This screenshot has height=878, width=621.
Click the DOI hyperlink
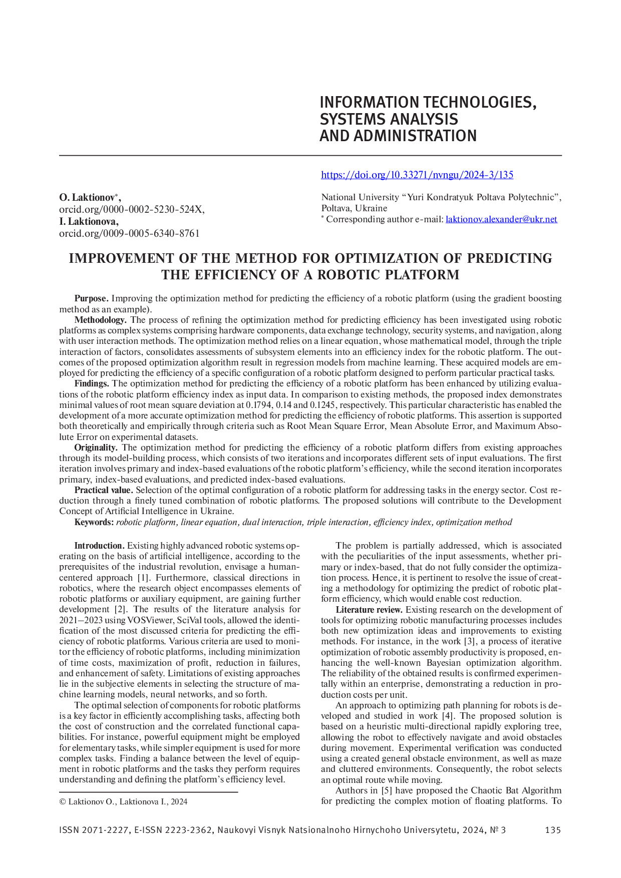pyautogui.click(x=417, y=175)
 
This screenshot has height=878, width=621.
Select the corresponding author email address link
pyautogui.click(x=501, y=219)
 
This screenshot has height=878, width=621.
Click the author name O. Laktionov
pyautogui.click(x=88, y=198)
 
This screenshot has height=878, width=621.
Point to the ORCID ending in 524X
pyautogui.click(x=131, y=210)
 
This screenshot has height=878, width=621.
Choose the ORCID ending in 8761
pyautogui.click(x=129, y=233)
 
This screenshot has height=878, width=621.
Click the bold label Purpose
pyautogui.click(x=91, y=298)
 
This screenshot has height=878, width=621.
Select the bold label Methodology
pyautogui.click(x=100, y=320)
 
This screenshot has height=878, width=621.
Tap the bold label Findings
pyautogui.click(x=92, y=383)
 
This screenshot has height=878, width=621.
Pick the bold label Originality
pyautogui.click(x=96, y=448)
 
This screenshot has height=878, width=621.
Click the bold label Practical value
pyautogui.click(x=104, y=490)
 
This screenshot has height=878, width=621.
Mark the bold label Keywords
pyautogui.click(x=94, y=522)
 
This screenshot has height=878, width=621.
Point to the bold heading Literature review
pyautogui.click(x=369, y=610)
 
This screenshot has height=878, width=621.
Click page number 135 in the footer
pyautogui.click(x=553, y=830)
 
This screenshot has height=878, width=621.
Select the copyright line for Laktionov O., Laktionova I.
pyautogui.click(x=123, y=801)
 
